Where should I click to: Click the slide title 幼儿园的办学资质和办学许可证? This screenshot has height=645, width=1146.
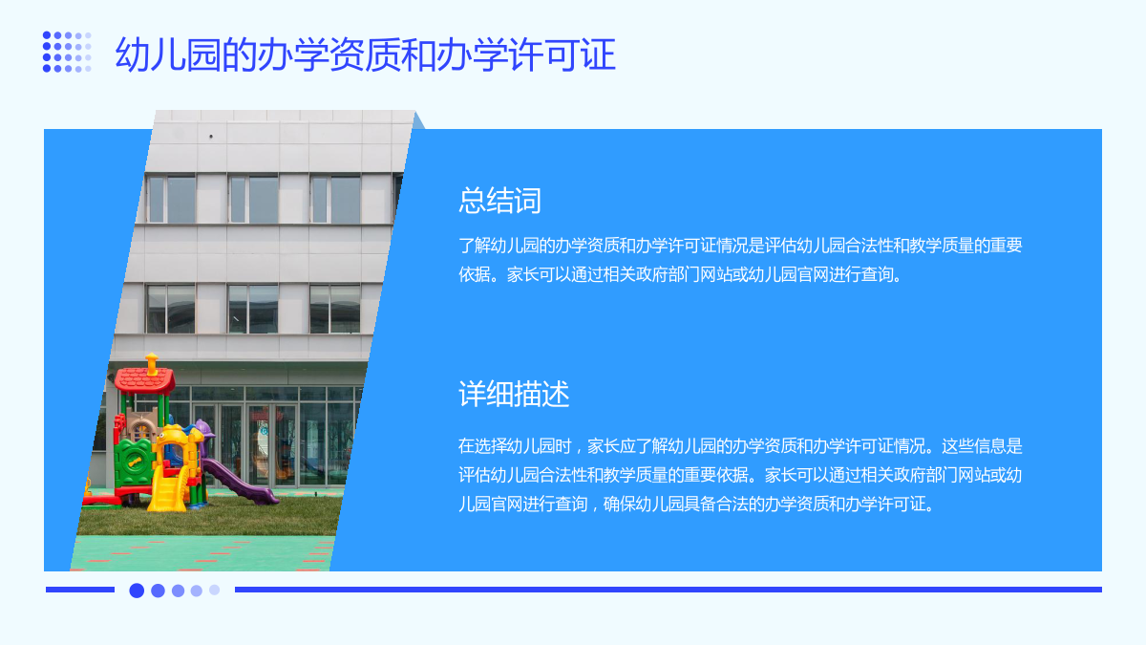coord(365,54)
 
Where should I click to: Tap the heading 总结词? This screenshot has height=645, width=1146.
coord(499,200)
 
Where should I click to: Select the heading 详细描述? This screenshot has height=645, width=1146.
coord(514,394)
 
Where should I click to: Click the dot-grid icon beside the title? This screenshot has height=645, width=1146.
coord(67,52)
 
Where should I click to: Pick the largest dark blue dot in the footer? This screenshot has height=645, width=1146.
coord(137,591)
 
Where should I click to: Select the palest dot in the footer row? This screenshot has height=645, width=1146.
coord(214,590)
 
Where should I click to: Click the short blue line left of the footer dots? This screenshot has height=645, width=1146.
coord(80,590)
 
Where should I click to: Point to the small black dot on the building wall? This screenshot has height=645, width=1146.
coord(211,136)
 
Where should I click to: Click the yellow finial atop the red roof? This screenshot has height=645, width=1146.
coord(152,363)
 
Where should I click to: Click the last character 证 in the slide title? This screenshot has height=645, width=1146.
coord(599,54)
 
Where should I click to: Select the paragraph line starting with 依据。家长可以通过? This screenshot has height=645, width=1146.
coord(679,274)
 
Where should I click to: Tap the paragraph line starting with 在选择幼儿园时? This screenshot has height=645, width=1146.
coord(740,446)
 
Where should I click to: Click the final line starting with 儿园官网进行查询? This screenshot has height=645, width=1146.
coord(696,505)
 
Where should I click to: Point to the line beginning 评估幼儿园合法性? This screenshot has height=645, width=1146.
coord(740,475)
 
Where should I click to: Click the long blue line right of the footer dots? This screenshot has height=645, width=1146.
coord(668,590)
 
